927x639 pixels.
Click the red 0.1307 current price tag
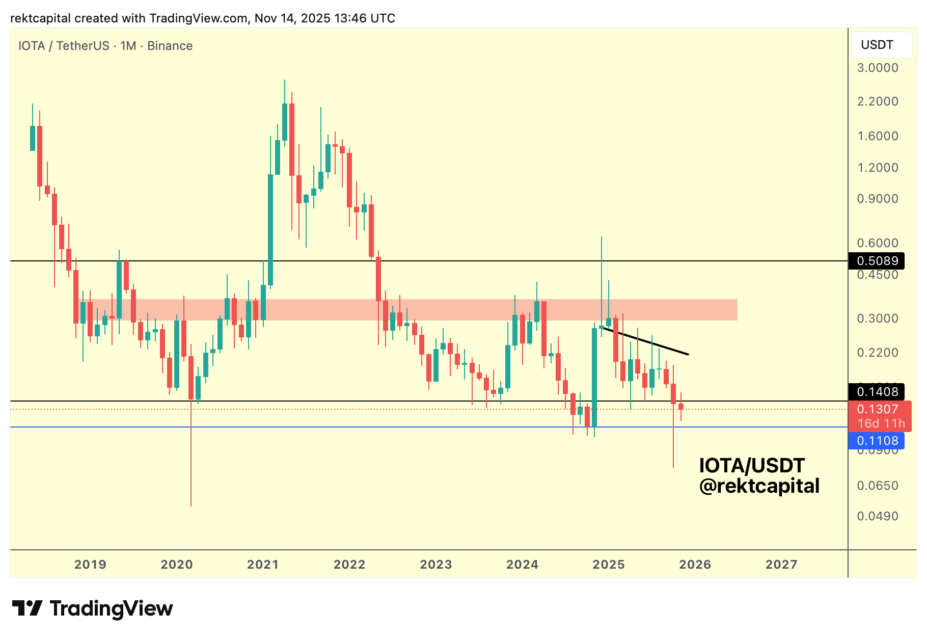click(x=878, y=409)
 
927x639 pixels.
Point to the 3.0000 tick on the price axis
click(x=878, y=68)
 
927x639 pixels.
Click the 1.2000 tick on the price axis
click(x=878, y=168)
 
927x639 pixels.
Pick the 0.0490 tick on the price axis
click(x=878, y=516)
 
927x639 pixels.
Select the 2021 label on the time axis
click(x=263, y=565)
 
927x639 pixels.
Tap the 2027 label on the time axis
click(x=781, y=565)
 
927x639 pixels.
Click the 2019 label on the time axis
click(x=90, y=565)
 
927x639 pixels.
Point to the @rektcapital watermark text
click(x=759, y=486)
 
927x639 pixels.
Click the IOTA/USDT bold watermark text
click(x=752, y=466)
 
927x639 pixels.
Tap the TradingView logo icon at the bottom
click(x=27, y=608)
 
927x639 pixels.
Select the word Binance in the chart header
click(x=170, y=46)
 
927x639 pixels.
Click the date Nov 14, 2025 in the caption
click(x=292, y=18)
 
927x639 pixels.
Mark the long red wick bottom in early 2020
click(x=191, y=504)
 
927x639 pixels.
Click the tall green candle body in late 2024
click(x=594, y=377)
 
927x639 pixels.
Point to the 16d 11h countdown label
click(x=881, y=423)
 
